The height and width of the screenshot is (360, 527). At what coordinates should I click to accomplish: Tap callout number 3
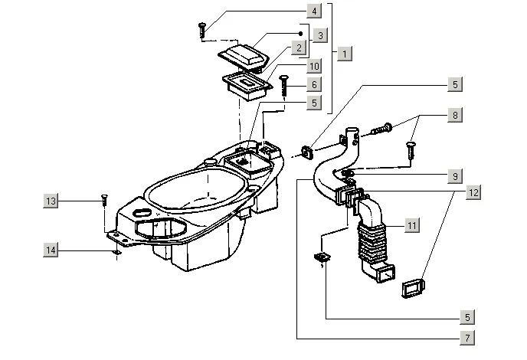[321, 34]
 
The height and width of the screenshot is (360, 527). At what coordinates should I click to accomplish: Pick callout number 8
[455, 116]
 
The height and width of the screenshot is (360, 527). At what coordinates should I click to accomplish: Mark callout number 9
[455, 176]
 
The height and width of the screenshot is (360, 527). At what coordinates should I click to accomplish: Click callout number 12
[474, 193]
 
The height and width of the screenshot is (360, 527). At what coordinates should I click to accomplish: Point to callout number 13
[51, 201]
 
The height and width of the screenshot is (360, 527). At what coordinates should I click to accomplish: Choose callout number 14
[51, 250]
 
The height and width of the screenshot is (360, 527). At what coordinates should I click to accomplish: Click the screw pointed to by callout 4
[202, 30]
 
